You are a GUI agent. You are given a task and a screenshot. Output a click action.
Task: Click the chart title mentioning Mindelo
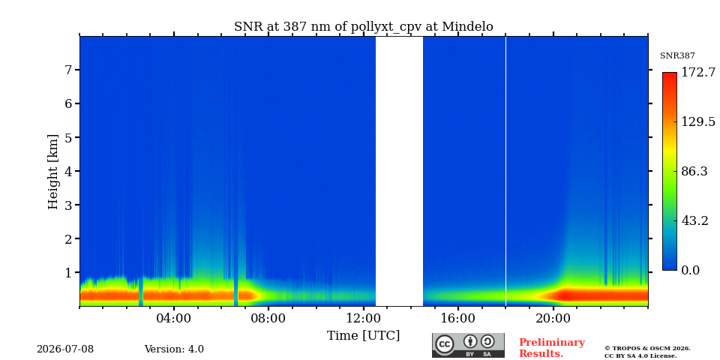364,27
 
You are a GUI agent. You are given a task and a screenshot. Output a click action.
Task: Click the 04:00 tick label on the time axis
174,318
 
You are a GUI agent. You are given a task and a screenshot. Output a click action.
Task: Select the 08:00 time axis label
268,318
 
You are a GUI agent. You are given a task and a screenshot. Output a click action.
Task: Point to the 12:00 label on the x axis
363,318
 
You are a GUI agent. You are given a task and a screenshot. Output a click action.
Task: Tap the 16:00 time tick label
458,318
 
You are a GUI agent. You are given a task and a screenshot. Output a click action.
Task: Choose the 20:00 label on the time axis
553,318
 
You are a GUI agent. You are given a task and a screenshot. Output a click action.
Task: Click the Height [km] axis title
53,172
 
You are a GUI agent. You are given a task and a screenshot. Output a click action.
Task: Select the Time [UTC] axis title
363,336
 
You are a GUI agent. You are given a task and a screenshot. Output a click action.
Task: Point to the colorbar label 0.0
690,271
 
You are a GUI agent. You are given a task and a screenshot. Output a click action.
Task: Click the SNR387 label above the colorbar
677,56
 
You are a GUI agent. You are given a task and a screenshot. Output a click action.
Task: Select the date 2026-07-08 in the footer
65,349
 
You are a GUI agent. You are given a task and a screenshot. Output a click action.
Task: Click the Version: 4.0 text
174,349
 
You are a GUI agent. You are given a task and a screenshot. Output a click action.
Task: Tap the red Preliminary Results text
552,348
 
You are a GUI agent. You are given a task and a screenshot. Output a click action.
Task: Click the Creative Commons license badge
468,345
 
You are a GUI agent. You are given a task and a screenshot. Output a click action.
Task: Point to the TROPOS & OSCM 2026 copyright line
647,349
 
